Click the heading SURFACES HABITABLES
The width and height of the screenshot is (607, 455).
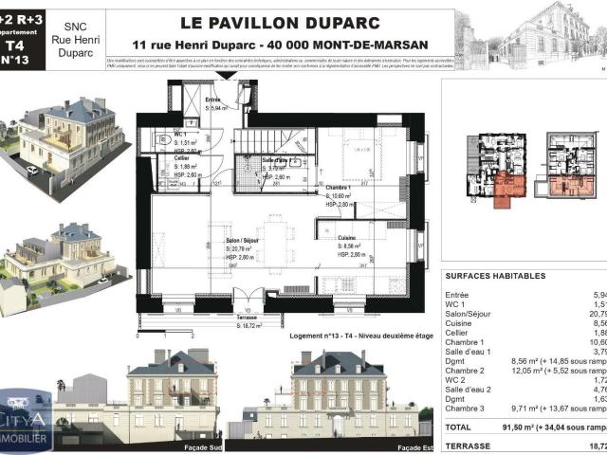pos(495,276)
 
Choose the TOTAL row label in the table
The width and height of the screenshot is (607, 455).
pos(458,427)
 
